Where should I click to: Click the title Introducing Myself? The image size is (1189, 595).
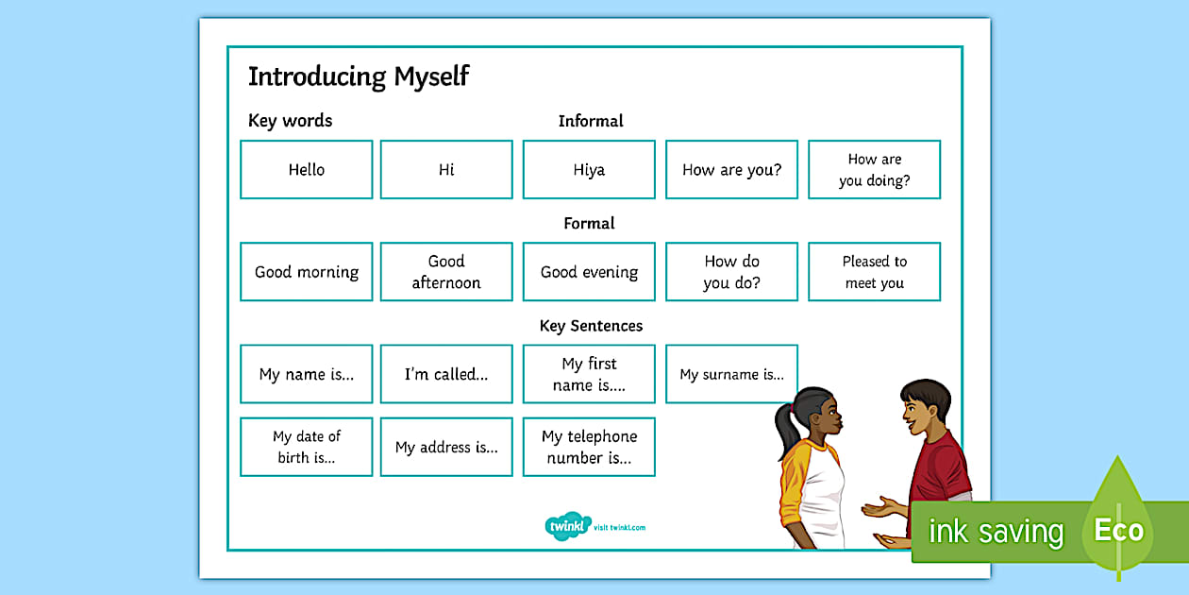[358, 76]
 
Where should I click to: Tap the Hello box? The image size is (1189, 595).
[307, 170]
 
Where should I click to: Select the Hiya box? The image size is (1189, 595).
[589, 170]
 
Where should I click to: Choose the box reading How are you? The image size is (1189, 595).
[731, 170]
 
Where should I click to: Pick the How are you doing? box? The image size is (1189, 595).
[874, 170]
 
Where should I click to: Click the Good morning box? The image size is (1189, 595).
[307, 272]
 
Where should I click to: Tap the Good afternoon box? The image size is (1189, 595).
[446, 272]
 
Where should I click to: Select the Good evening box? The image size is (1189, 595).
[589, 272]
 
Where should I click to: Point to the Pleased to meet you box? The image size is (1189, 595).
[874, 272]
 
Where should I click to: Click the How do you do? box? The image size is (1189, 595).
[731, 272]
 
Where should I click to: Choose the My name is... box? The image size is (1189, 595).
[307, 374]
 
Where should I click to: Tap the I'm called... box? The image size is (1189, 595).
[446, 374]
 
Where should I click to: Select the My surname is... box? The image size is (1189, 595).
[731, 374]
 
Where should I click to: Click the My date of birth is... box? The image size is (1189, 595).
[307, 447]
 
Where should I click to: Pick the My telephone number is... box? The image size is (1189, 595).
[589, 447]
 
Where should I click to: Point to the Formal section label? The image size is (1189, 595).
[589, 224]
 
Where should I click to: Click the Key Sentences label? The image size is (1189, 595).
[591, 326]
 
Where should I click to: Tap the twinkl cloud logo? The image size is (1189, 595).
[567, 526]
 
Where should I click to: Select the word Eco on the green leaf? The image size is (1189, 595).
[1118, 531]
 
